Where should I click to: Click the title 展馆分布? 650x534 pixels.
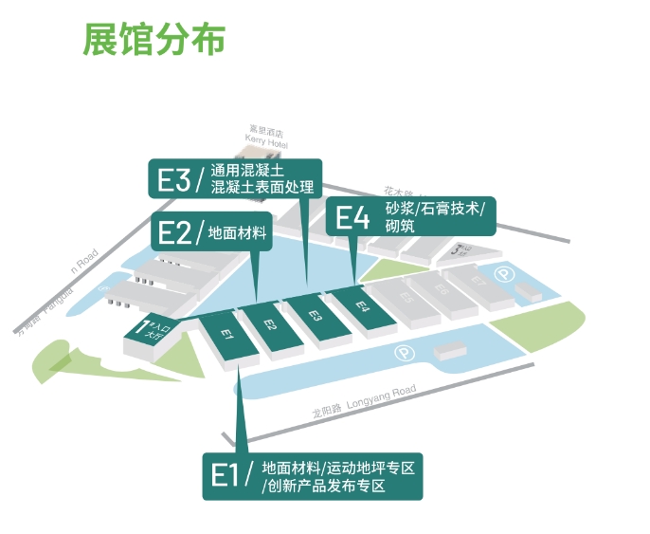point(153,39)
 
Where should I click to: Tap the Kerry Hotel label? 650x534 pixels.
point(266,136)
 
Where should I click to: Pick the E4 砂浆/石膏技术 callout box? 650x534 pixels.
point(409,217)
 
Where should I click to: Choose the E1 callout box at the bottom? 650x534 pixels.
point(312,475)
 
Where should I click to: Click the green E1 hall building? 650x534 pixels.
point(227,336)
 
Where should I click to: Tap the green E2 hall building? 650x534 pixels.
point(272,325)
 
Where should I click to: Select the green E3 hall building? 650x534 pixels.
point(317,316)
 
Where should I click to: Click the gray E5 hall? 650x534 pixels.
point(406,296)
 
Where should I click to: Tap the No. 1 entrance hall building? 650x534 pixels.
point(149,334)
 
